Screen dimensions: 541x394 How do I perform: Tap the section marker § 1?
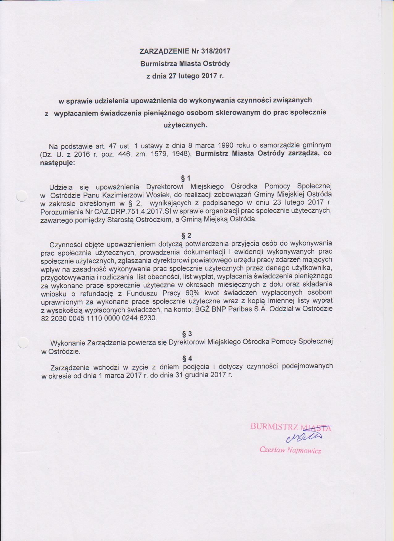coord(186,178)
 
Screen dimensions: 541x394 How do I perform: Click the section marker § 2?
coord(186,236)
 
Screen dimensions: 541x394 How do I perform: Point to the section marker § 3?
coord(187,334)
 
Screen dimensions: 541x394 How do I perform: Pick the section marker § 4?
coord(187,359)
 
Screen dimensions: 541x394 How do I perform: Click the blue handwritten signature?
coord(304,437)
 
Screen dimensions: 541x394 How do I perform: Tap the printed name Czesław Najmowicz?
coord(290,450)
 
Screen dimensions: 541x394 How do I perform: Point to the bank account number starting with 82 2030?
coord(99,318)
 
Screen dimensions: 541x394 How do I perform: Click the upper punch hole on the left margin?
coord(22,196)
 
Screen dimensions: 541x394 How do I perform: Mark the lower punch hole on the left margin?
coord(23,343)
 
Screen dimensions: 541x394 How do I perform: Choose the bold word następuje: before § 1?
coord(57,162)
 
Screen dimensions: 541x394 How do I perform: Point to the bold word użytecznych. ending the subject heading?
coord(185,125)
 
